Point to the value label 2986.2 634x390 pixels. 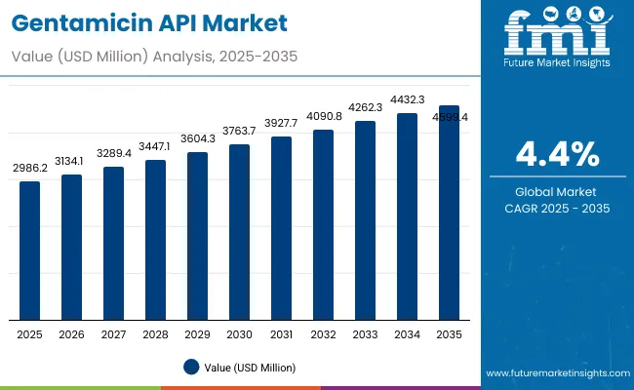click(30, 169)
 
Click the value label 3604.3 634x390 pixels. click(198, 139)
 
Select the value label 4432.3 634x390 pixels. click(407, 99)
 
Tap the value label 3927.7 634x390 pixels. click(281, 123)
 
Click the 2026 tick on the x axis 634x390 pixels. click(72, 333)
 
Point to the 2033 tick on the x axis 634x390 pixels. click(365, 333)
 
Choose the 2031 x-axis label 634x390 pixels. click(281, 333)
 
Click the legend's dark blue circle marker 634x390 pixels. click(192, 367)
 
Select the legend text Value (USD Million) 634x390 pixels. click(250, 367)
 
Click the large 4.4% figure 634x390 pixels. click(558, 154)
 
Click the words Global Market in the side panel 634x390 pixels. click(558, 191)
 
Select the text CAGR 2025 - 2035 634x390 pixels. click(558, 208)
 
